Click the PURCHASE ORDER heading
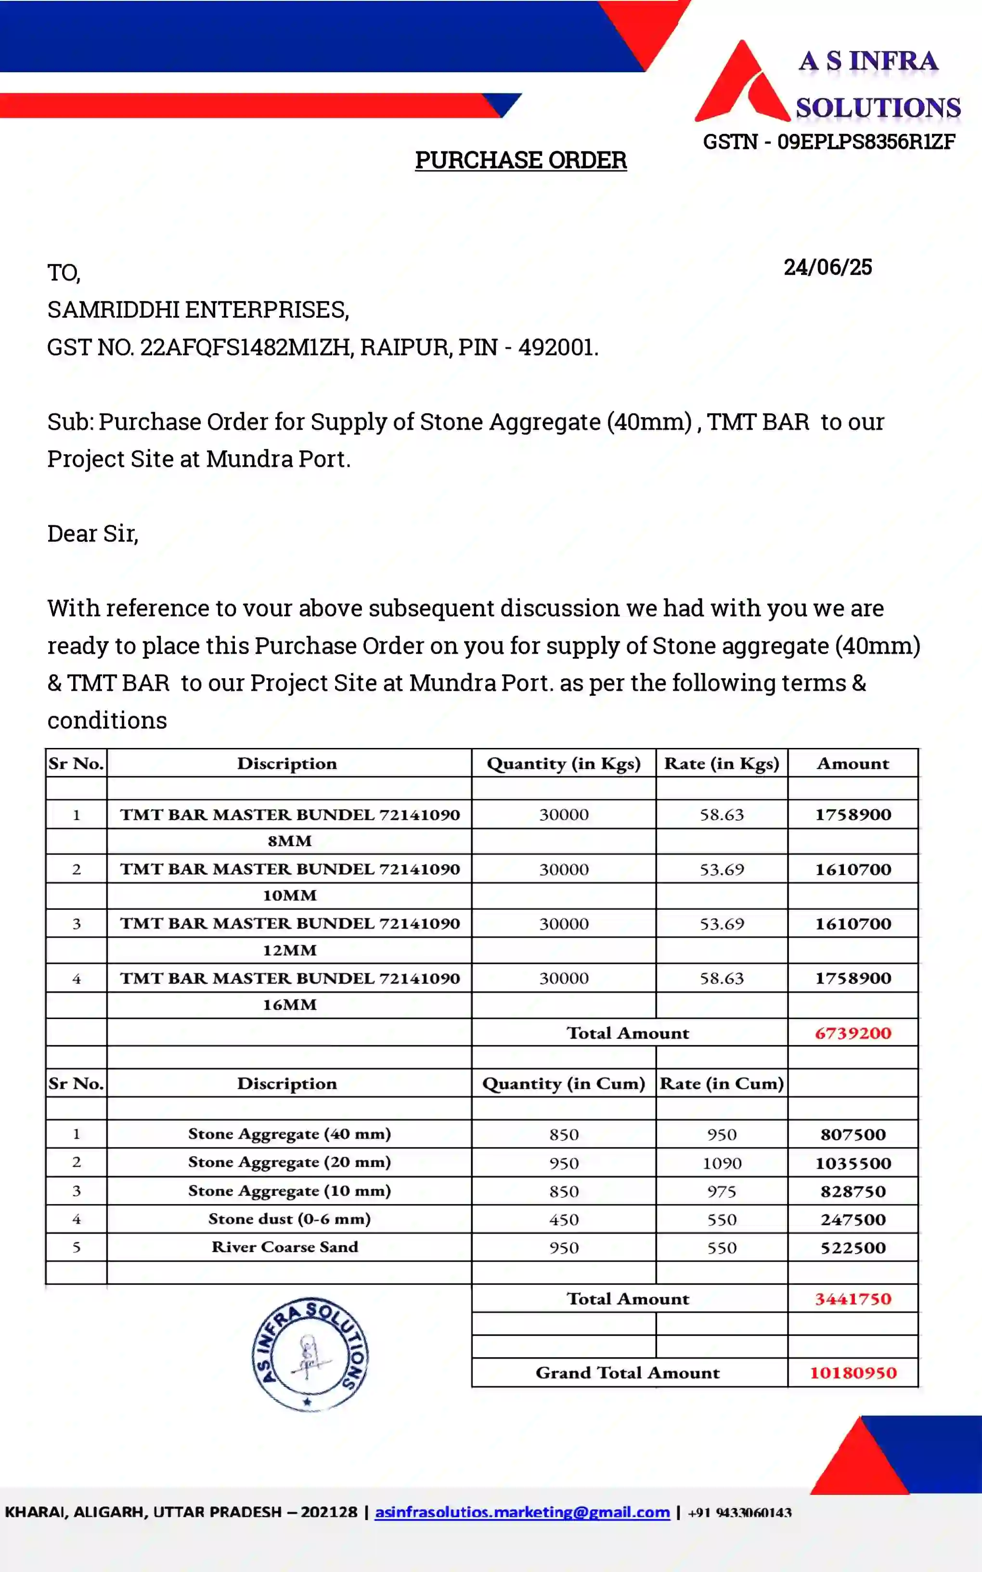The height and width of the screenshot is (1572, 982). pos(521,160)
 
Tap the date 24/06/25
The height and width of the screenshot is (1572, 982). pos(827,267)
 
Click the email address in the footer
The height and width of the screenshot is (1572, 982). pos(522,1512)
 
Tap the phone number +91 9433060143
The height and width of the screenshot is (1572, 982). pos(740,1512)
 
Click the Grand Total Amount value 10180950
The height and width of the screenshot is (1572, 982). pos(853,1373)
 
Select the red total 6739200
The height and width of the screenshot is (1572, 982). pos(853,1033)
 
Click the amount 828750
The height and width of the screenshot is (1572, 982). pos(853,1192)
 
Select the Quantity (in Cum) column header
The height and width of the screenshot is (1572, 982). pos(563,1084)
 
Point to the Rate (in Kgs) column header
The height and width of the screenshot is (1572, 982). pos(721,763)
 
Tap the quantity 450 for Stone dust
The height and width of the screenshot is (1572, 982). pos(563,1219)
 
